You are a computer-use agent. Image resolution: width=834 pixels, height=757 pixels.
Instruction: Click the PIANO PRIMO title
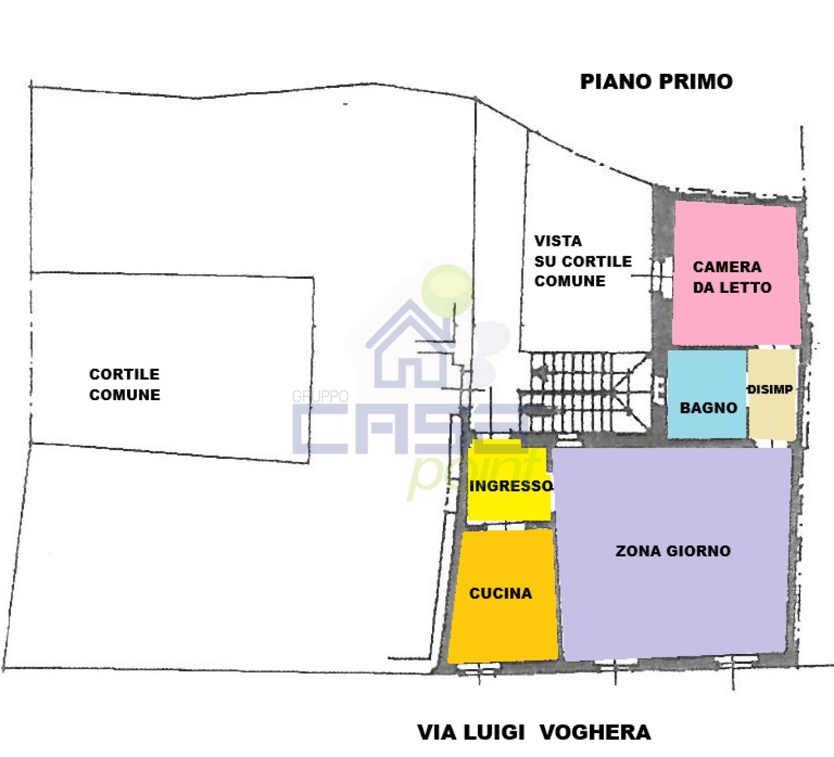tap(656, 81)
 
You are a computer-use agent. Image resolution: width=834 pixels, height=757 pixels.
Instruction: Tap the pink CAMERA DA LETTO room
tap(736, 273)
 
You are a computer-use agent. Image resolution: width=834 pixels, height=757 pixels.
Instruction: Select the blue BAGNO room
tap(707, 394)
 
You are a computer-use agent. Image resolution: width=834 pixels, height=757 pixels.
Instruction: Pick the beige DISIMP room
tap(772, 395)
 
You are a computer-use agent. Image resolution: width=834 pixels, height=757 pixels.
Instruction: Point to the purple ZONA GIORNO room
tap(673, 553)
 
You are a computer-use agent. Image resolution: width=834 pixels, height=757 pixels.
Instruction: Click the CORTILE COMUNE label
tap(125, 384)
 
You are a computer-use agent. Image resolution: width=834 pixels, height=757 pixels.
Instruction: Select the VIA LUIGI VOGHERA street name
tap(534, 732)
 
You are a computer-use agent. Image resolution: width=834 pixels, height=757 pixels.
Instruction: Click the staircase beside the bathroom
tap(586, 393)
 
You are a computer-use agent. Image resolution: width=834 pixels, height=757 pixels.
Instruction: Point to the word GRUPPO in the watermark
tap(320, 396)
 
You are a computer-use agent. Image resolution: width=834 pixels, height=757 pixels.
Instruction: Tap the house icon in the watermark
tap(410, 345)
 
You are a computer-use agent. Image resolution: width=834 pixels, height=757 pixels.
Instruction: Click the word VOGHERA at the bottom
tap(595, 732)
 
